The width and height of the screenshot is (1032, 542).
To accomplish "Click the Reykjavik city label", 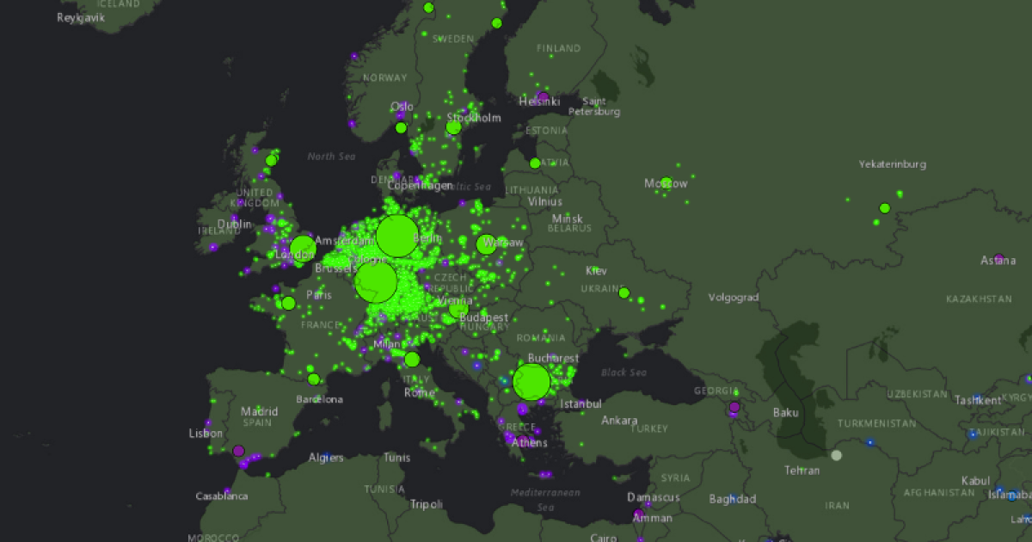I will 81,17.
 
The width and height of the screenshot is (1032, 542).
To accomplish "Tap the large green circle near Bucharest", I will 531,382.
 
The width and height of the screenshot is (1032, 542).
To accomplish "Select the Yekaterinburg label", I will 893,163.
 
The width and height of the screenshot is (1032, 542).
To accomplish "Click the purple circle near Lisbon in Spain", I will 238,451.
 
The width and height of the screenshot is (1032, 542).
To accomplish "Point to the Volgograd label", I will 733,298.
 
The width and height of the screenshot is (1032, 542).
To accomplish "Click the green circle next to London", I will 303,249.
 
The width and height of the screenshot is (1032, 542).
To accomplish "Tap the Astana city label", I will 998,260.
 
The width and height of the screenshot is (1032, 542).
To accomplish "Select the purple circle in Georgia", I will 734,407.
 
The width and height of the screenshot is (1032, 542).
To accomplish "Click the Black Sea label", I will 624,373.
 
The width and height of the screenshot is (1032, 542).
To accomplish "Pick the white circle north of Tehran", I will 836,455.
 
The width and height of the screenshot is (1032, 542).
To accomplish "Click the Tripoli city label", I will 426,504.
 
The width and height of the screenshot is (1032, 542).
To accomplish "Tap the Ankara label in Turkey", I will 619,421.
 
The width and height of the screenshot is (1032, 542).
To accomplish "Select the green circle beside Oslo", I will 401,128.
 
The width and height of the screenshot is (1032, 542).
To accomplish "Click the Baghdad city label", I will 733,499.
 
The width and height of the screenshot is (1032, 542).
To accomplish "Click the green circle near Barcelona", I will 314,379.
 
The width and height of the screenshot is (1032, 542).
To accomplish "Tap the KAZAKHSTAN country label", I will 979,299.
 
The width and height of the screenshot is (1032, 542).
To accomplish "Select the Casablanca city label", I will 222,496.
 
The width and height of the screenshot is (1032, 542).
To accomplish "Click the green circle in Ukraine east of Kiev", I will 624,293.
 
